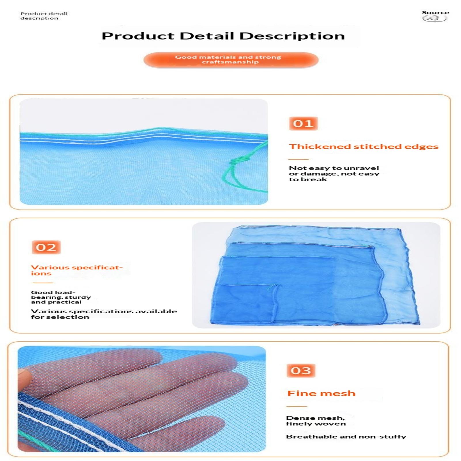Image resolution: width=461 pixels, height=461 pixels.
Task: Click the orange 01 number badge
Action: (303, 124)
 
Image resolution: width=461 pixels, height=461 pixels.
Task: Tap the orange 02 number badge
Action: (46, 247)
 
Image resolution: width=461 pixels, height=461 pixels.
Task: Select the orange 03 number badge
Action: (301, 371)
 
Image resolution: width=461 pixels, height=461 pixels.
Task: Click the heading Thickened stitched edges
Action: (364, 147)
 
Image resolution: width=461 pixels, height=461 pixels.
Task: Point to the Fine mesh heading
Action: (321, 394)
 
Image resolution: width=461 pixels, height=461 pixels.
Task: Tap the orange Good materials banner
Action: (231, 60)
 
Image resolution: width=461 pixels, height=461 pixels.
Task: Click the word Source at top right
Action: (435, 13)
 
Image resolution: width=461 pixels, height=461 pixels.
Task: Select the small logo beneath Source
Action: (434, 19)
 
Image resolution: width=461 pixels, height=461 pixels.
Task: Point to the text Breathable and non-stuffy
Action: (346, 437)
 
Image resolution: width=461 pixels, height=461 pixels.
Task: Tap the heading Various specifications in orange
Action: (77, 270)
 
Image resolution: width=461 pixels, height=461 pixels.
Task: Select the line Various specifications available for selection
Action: (104, 314)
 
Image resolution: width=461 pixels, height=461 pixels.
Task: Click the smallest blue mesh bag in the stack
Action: (245, 304)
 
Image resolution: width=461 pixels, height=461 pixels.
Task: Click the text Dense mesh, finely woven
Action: (316, 421)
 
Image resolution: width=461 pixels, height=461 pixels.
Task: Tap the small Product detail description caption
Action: (44, 16)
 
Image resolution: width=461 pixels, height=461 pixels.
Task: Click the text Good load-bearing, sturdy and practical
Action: (61, 297)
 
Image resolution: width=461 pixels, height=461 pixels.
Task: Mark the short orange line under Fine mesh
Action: (297, 407)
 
